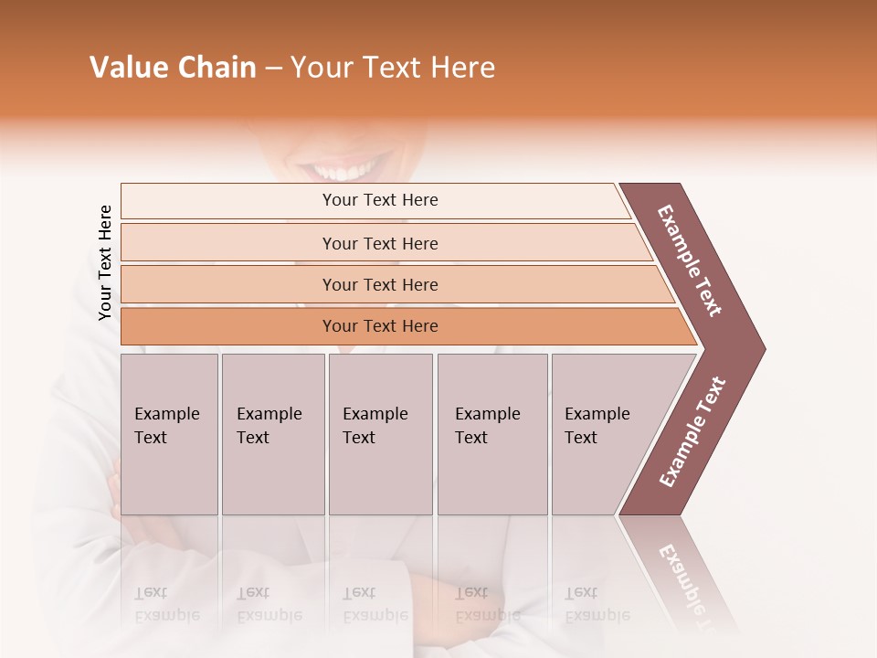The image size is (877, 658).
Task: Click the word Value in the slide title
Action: pos(127,68)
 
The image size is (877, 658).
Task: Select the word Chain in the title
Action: pos(217,68)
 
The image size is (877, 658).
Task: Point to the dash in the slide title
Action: pos(273,69)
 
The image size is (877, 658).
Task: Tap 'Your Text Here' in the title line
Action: pos(393,68)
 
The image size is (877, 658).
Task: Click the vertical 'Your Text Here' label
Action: pos(105,262)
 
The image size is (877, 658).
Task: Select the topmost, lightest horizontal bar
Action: pos(379,200)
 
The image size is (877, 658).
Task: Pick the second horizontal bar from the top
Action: pos(379,243)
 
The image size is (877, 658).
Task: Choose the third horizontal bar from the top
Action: pos(379,284)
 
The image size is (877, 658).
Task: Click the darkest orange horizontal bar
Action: pos(379,326)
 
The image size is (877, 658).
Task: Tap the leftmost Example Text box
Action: pos(169,434)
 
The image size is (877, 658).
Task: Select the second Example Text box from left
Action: pos(272,434)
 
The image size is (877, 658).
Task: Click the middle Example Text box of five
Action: pos(380,434)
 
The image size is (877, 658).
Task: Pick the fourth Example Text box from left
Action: pos(491,434)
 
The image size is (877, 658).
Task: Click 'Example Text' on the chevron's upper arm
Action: pos(690,260)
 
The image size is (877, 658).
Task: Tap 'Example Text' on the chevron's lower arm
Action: pos(692,432)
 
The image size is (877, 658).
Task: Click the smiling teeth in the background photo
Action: pos(340,172)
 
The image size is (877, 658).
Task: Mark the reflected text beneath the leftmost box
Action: pos(166,604)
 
